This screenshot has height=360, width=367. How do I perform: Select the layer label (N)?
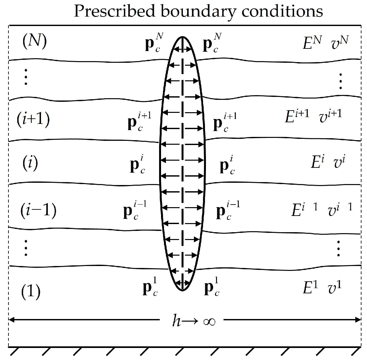pyautogui.click(x=34, y=43)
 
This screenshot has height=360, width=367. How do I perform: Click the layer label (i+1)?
pyautogui.click(x=33, y=119)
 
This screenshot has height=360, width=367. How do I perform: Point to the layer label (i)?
pyautogui.click(x=30, y=162)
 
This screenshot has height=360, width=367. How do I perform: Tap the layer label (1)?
pyautogui.click(x=31, y=292)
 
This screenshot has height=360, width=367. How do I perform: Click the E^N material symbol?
pyautogui.click(x=312, y=43)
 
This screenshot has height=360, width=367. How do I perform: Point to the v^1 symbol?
pyautogui.click(x=335, y=288)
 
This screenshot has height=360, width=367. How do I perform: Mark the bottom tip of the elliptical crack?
pyautogui.click(x=182, y=290)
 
